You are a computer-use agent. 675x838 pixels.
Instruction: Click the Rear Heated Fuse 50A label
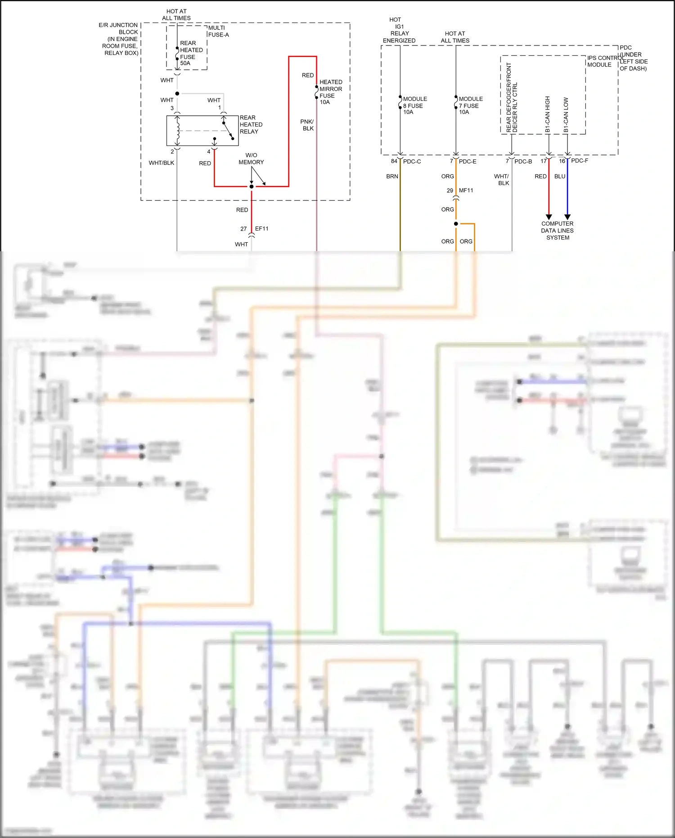click(191, 53)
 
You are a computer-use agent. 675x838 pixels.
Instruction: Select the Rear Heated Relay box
click(202, 131)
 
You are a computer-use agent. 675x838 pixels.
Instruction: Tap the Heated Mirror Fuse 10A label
click(331, 92)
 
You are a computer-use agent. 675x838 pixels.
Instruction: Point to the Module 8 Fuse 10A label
click(414, 105)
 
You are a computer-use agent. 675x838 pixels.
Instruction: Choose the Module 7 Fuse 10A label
click(470, 105)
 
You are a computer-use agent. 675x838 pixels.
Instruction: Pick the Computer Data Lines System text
click(557, 231)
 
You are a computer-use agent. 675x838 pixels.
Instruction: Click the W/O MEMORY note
click(251, 159)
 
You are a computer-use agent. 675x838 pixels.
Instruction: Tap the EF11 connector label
click(261, 229)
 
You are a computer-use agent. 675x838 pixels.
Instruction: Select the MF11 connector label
click(466, 190)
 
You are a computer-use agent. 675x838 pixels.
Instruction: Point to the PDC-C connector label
click(412, 161)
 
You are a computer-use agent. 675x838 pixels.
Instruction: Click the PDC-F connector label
click(580, 161)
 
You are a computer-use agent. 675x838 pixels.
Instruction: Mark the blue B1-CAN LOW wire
click(567, 189)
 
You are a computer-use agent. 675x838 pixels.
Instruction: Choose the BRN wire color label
click(392, 177)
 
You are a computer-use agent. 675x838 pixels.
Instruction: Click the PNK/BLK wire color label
click(307, 125)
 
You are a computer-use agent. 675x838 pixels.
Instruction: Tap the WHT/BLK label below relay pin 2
click(161, 163)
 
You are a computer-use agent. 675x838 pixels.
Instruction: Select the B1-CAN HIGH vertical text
click(548, 114)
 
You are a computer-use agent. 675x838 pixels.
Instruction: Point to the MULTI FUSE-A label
click(218, 31)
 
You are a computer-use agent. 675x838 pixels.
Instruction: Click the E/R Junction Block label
click(120, 39)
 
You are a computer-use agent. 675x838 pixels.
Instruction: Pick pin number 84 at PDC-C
click(394, 161)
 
